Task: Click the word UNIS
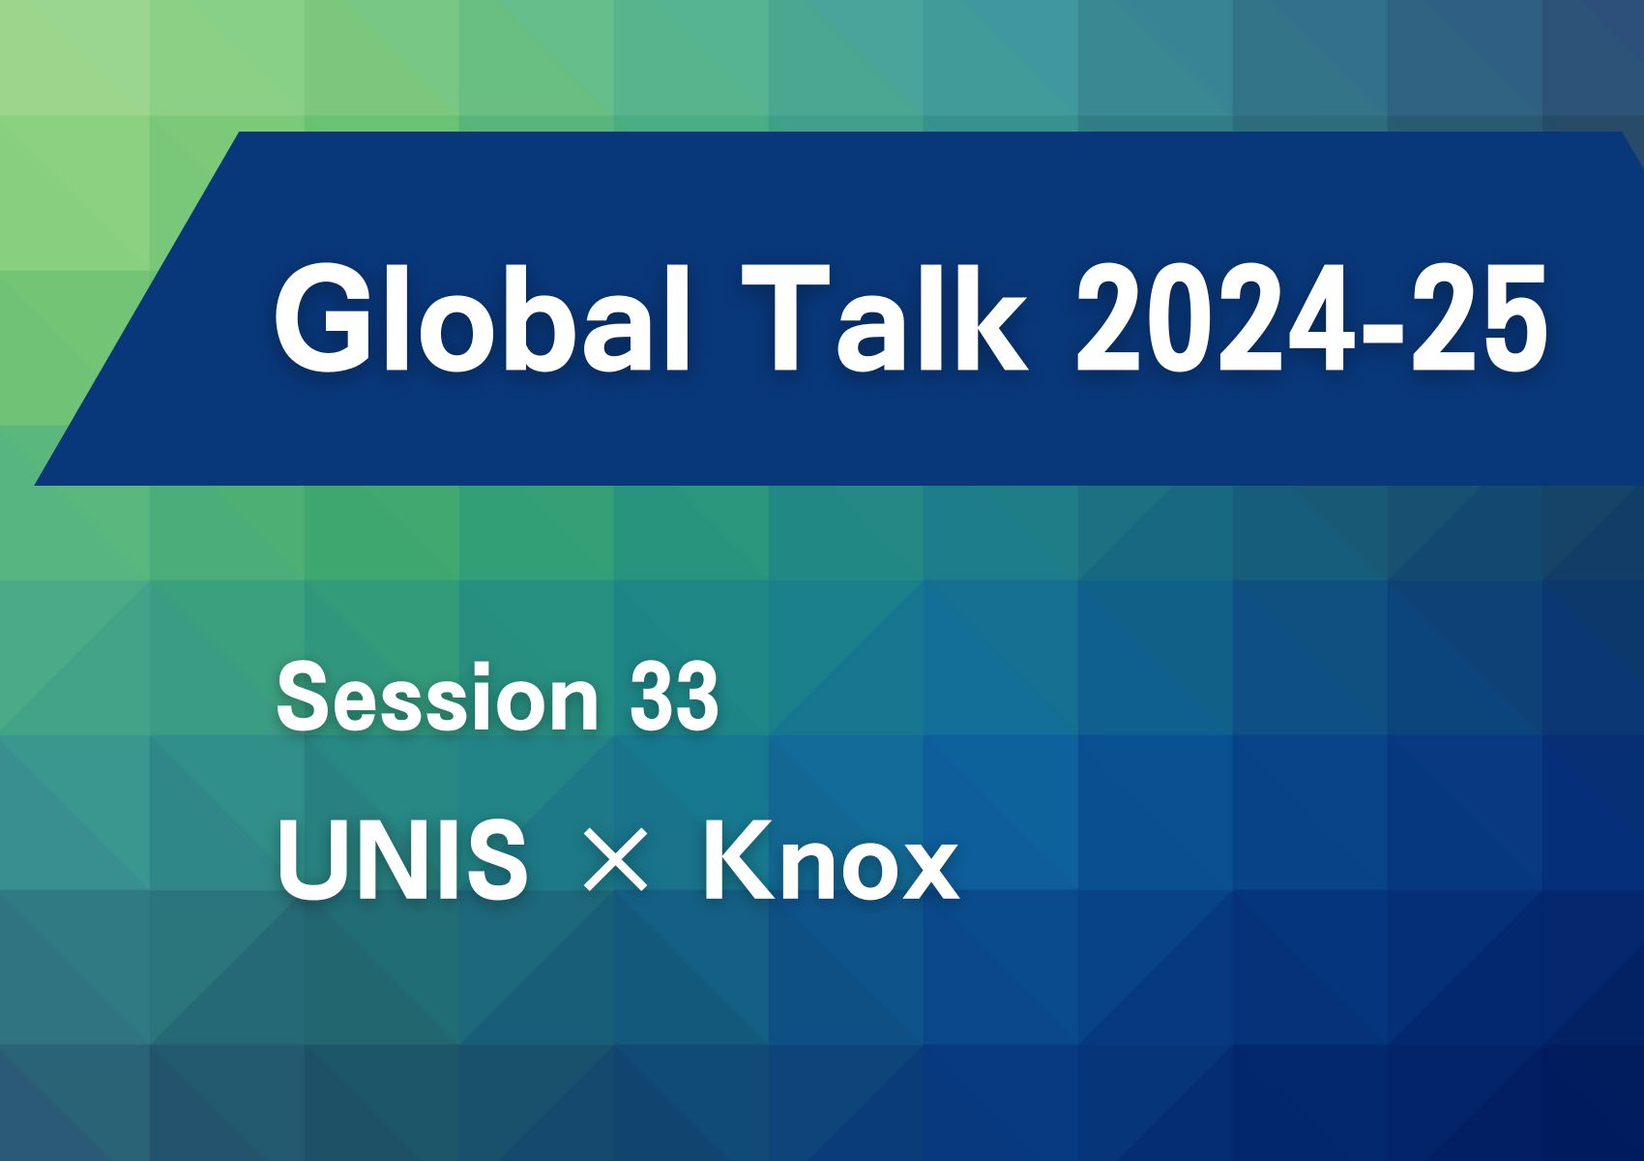coord(401,860)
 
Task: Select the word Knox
coord(831,860)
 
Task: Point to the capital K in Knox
coord(737,860)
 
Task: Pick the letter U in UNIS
coord(312,860)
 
